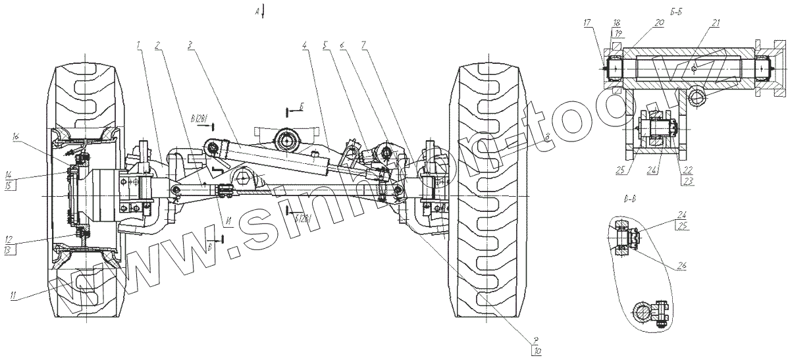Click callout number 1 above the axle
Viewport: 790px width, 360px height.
point(139,45)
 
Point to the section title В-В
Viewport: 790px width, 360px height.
point(628,198)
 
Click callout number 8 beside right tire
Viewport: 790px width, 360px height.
point(547,137)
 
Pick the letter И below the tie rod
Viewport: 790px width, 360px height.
point(225,222)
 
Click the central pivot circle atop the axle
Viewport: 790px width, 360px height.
point(288,140)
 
